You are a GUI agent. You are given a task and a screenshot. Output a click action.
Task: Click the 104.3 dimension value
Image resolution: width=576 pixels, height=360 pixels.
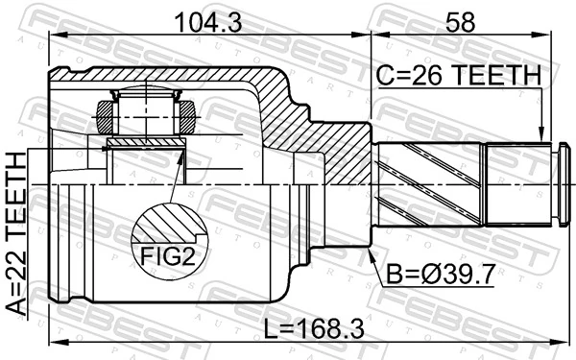pos(207,19)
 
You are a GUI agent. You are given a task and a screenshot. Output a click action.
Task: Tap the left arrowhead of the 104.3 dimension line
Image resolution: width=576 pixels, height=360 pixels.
pos(54,36)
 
